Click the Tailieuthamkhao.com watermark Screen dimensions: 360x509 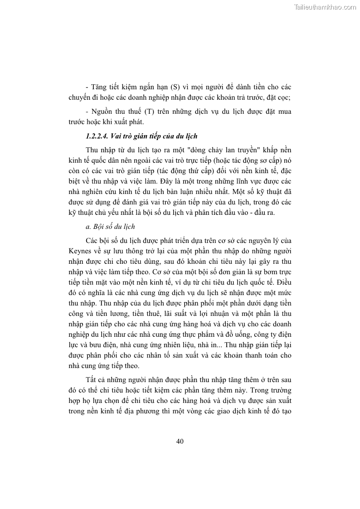(325, 7)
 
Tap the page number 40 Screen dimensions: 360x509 (180, 441)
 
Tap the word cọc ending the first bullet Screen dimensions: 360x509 (283, 97)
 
